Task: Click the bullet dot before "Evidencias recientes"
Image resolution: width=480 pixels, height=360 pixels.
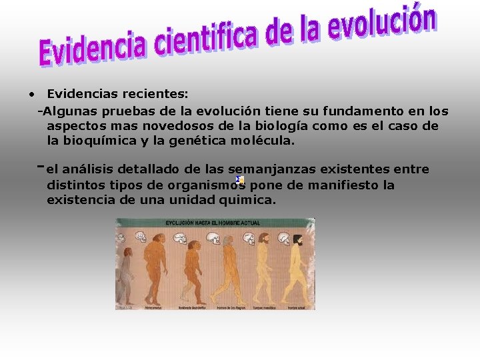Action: [31, 95]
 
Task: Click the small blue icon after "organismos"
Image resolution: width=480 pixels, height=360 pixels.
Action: [240, 180]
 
